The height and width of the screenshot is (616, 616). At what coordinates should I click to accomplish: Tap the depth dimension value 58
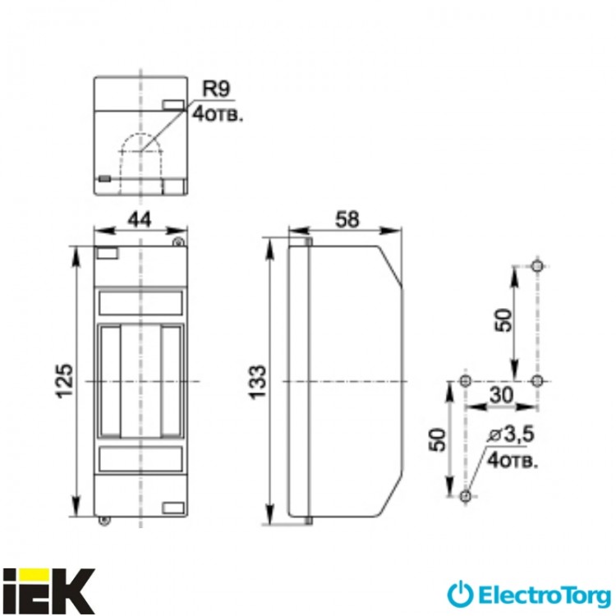[350, 219]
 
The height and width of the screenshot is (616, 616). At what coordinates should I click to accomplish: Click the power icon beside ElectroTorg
[462, 592]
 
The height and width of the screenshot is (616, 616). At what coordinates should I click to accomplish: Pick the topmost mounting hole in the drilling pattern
[536, 266]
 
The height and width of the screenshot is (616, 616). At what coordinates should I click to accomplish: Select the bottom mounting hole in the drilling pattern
[466, 496]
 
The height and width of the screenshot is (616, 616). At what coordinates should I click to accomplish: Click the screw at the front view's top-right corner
[177, 241]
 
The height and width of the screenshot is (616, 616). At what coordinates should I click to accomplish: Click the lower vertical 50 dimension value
[438, 439]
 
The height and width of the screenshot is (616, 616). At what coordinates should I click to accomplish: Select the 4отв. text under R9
[216, 114]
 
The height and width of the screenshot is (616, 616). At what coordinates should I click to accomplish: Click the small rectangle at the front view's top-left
[108, 254]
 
